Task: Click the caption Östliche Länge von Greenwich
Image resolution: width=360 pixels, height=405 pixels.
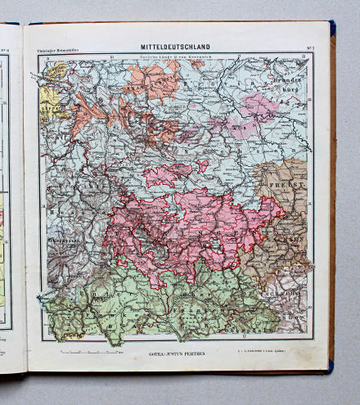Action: pos(176,56)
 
